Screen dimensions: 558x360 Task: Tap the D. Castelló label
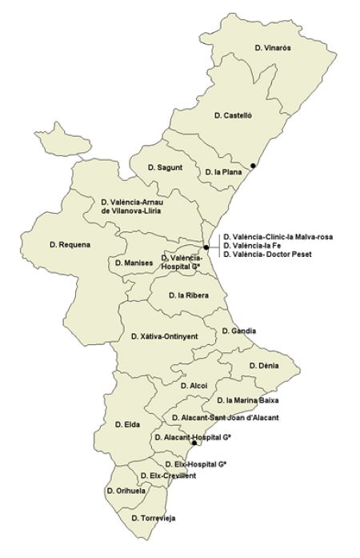coord(234,116)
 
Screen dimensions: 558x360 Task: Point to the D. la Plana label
coord(223,171)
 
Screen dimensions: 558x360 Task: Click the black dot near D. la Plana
coord(253,166)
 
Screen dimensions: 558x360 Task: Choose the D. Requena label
coord(70,244)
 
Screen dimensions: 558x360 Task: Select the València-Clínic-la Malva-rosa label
coord(278,236)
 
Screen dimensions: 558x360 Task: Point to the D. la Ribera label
coord(189,295)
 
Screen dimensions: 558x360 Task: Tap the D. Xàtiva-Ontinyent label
coord(165,337)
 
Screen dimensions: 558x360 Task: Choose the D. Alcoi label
coord(194,386)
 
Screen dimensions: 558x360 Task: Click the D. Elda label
coord(128,424)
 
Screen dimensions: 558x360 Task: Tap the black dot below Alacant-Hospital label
coord(194,442)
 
